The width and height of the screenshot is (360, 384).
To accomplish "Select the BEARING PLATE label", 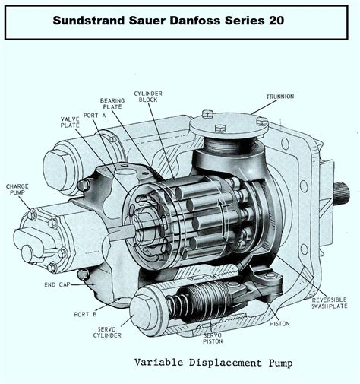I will coord(112,104).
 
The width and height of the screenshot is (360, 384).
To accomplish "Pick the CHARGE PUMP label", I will coord(17,189).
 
